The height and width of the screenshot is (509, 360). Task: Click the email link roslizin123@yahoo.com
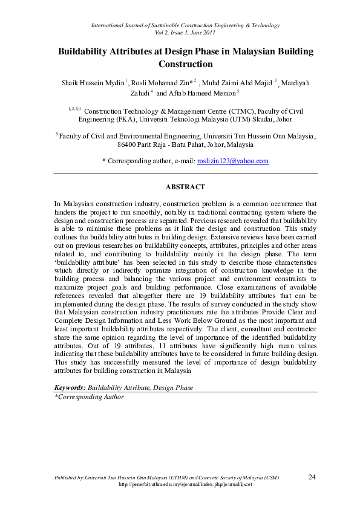pos(233,161)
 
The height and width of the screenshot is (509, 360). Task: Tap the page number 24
pos(312,477)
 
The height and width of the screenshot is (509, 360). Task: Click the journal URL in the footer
pos(185,485)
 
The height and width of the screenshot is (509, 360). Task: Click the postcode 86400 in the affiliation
pos(128,145)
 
